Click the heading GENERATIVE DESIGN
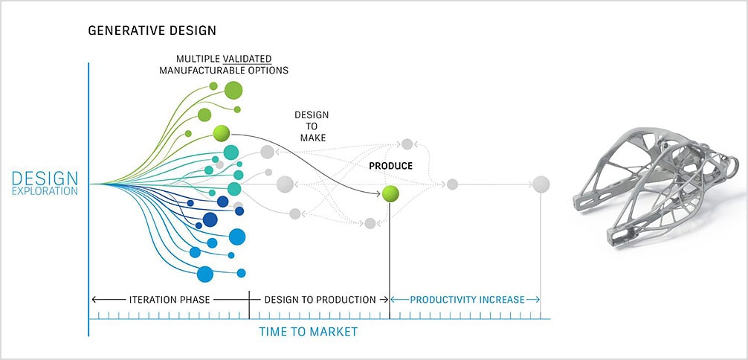pyautogui.click(x=152, y=31)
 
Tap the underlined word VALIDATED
pyautogui.click(x=247, y=59)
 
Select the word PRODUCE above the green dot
pyautogui.click(x=390, y=166)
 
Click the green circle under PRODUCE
pyautogui.click(x=390, y=194)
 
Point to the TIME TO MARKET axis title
pyautogui.click(x=308, y=331)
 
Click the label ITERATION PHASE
pyautogui.click(x=170, y=300)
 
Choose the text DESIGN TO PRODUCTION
pyautogui.click(x=320, y=300)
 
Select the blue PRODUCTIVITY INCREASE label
pyautogui.click(x=467, y=300)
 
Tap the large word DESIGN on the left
pyautogui.click(x=45, y=179)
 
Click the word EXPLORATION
pyautogui.click(x=45, y=191)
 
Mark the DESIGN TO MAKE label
pyautogui.click(x=312, y=126)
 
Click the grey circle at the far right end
pyautogui.click(x=541, y=184)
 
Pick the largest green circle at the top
pyautogui.click(x=233, y=90)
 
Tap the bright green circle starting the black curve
pyautogui.click(x=222, y=133)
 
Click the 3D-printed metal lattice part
pyautogui.click(x=656, y=185)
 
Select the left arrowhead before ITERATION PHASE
pyautogui.click(x=94, y=300)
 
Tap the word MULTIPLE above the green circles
pyautogui.click(x=198, y=59)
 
